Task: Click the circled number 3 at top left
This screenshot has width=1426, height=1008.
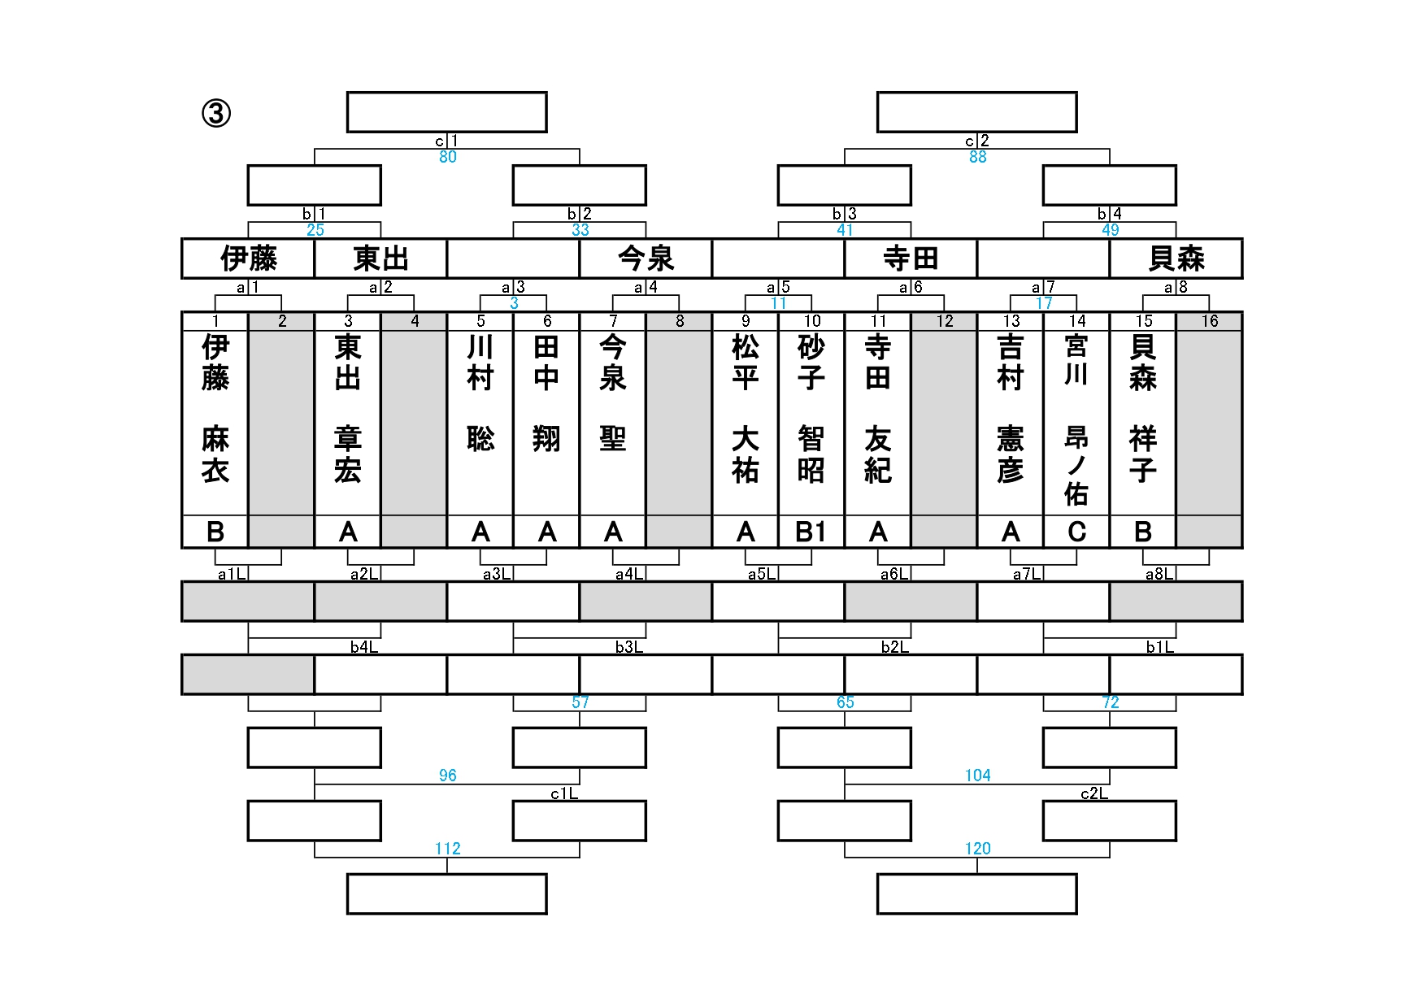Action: click(216, 114)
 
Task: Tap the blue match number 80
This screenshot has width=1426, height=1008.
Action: click(448, 157)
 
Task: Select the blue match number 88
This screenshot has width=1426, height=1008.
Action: click(978, 157)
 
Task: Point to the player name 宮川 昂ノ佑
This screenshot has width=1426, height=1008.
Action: click(1076, 419)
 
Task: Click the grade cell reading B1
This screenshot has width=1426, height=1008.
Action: click(811, 532)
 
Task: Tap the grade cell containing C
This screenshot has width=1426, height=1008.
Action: click(1076, 532)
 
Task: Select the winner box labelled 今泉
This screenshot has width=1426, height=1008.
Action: click(646, 259)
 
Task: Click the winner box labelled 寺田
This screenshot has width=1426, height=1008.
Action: click(911, 259)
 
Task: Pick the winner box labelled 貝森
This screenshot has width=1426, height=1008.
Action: click(1176, 259)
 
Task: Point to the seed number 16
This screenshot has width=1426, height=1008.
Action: click(1210, 321)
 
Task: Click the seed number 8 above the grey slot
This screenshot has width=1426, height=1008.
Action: click(680, 321)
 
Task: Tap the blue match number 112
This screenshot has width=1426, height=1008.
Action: click(448, 849)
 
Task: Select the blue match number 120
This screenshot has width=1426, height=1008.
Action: click(978, 849)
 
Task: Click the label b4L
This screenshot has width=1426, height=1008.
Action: click(364, 647)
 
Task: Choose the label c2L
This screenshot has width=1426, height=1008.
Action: click(1093, 793)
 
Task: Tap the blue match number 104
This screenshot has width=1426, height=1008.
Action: click(978, 776)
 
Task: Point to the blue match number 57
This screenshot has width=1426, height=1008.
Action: click(580, 702)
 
